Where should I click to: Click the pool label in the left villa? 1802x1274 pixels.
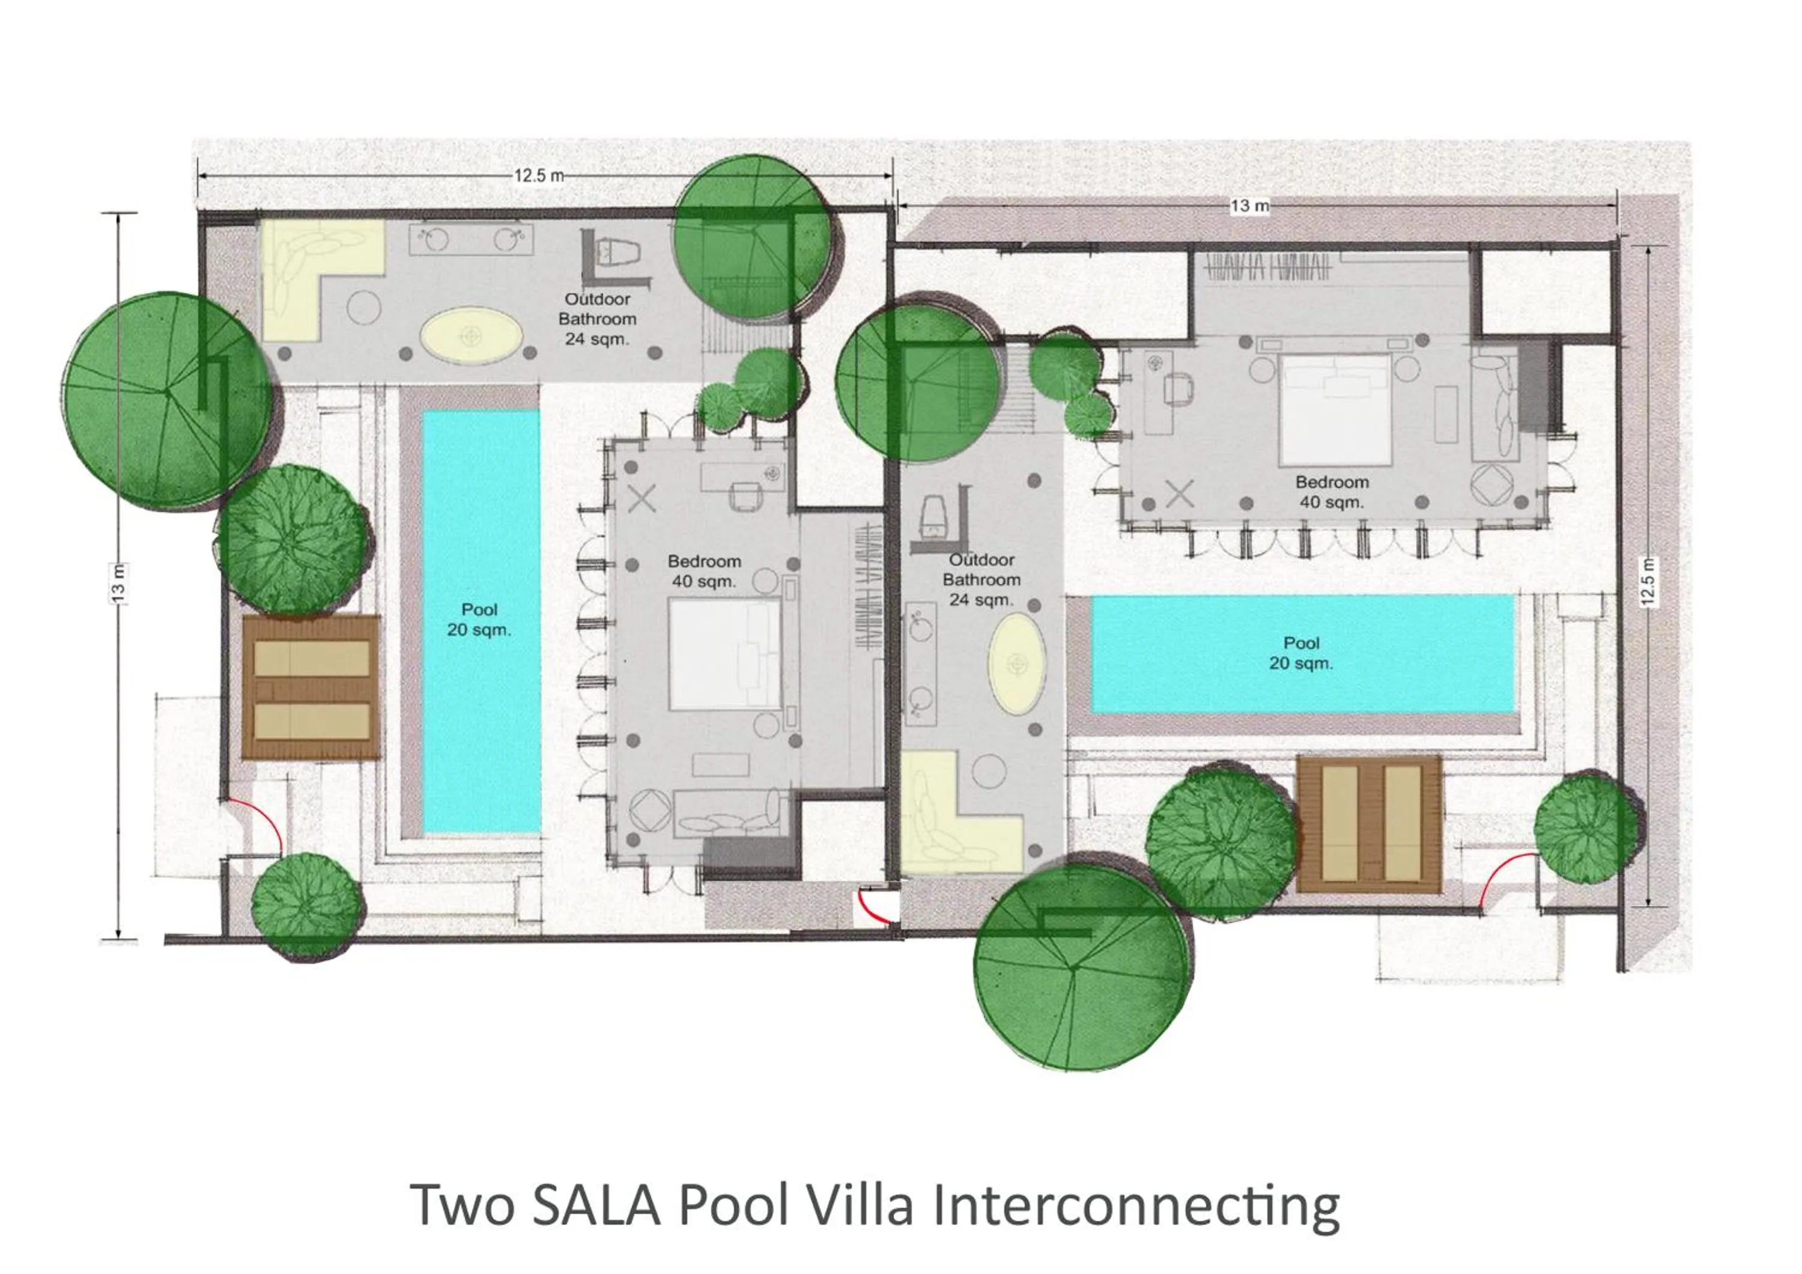pyautogui.click(x=479, y=620)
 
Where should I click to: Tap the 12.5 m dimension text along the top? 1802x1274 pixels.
pyautogui.click(x=538, y=175)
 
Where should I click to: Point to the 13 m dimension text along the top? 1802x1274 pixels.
pyautogui.click(x=1249, y=206)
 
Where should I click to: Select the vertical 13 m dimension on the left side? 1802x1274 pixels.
pyautogui.click(x=118, y=584)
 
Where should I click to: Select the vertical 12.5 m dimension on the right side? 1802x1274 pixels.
pyautogui.click(x=1648, y=581)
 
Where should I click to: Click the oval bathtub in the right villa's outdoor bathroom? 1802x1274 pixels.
pyautogui.click(x=1017, y=664)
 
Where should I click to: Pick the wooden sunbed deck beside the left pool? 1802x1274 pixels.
pyautogui.click(x=312, y=687)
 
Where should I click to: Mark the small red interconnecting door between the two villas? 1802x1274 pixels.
pyautogui.click(x=871, y=907)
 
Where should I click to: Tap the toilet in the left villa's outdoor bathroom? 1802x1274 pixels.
pyautogui.click(x=619, y=254)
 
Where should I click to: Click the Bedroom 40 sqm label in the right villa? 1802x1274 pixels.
pyautogui.click(x=1331, y=492)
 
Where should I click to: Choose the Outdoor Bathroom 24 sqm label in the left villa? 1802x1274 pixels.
pyautogui.click(x=596, y=318)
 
